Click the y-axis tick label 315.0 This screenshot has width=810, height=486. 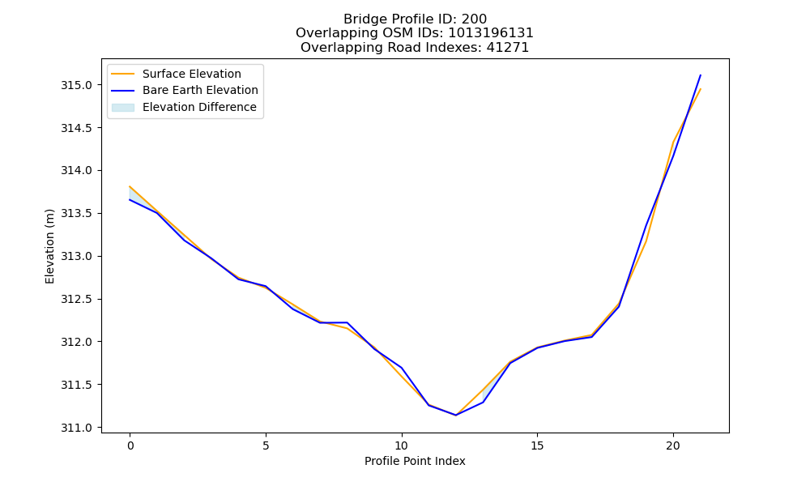pos(76,85)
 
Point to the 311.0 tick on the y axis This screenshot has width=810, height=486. pos(76,428)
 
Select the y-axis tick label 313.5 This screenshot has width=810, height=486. pos(76,214)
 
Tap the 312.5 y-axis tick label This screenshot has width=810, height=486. pos(76,300)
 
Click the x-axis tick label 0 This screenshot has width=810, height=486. pos(130,446)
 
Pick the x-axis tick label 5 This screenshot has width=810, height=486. pos(266,446)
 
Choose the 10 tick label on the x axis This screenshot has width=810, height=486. pos(402,446)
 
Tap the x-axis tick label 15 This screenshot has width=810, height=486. pos(537,446)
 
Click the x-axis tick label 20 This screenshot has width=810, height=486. pos(673,446)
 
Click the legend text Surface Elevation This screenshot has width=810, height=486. pos(192,74)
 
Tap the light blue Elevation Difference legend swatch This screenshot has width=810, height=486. pos(123,108)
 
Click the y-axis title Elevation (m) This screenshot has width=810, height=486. pos(49,246)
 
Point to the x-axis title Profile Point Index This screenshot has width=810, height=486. pos(415,461)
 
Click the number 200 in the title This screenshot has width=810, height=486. pos(474,19)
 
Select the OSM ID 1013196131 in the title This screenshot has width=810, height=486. pos(490,33)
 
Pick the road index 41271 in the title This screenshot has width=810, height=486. pos(507,48)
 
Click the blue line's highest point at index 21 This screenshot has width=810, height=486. pos(701,75)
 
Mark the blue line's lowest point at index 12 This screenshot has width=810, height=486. pos(455,416)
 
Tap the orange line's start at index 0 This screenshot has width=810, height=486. pos(130,186)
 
